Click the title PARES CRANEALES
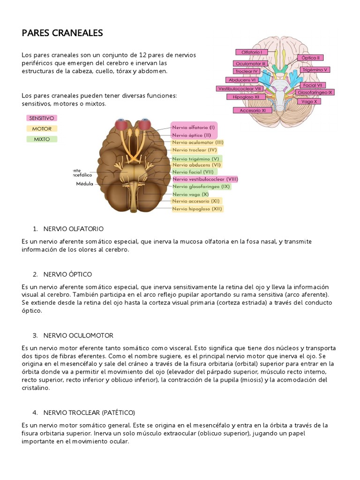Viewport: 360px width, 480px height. (x=62, y=33)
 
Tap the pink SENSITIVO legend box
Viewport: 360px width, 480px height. (x=42, y=118)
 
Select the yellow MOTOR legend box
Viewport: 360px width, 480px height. (x=42, y=128)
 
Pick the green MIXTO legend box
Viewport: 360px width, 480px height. (x=42, y=139)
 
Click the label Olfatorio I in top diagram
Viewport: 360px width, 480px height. (x=252, y=52)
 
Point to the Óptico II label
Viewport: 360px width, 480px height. (x=310, y=58)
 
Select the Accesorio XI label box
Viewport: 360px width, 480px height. (x=253, y=110)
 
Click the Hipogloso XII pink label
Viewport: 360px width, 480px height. (x=243, y=97)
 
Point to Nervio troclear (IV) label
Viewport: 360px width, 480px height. (x=194, y=150)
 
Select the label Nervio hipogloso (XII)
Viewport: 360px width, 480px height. (x=197, y=209)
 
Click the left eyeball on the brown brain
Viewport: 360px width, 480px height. (x=121, y=126)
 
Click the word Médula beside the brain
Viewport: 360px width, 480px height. (x=85, y=184)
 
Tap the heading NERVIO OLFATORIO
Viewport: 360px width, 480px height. (x=73, y=229)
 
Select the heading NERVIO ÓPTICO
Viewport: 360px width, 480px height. (x=67, y=274)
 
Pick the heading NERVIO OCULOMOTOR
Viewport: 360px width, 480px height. (x=78, y=336)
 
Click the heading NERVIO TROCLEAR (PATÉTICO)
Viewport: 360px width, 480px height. (x=89, y=412)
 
